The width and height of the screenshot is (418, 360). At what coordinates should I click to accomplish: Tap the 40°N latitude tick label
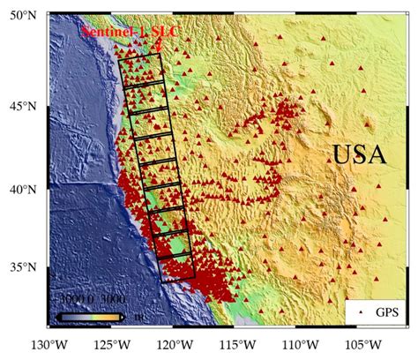[x=19, y=189]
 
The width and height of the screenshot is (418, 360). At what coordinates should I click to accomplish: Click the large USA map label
[x=359, y=156]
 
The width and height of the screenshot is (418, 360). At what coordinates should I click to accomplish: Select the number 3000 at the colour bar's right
[x=112, y=300]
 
